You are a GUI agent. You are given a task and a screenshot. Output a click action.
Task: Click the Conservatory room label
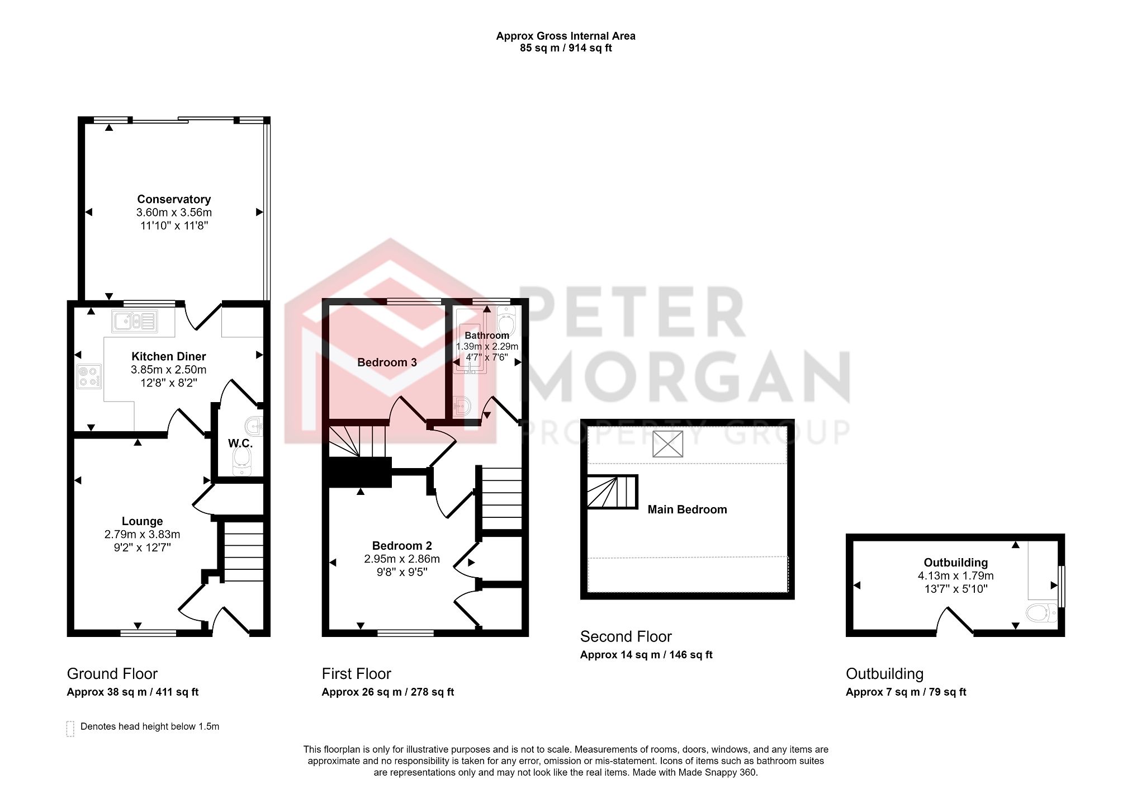pyautogui.click(x=174, y=199)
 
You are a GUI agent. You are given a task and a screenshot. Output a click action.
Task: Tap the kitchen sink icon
pyautogui.click(x=135, y=322)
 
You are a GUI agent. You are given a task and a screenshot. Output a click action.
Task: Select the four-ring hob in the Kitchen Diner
pyautogui.click(x=89, y=376)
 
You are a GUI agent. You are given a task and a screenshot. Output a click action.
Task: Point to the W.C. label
pyautogui.click(x=240, y=443)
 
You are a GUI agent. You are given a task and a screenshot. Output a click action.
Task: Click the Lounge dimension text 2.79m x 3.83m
pyautogui.click(x=142, y=535)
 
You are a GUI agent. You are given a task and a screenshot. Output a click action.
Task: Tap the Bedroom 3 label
pyautogui.click(x=387, y=362)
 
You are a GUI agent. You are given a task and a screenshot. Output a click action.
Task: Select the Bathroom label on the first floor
pyautogui.click(x=487, y=336)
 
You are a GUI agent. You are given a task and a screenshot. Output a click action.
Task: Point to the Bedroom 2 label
pyautogui.click(x=402, y=546)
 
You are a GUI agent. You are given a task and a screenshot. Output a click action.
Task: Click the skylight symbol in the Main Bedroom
pyautogui.click(x=667, y=444)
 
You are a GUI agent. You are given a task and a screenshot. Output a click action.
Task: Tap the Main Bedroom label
pyautogui.click(x=687, y=509)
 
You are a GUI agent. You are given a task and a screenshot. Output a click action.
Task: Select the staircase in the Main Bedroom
pyautogui.click(x=612, y=492)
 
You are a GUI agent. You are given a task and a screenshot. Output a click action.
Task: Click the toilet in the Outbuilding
pyautogui.click(x=1041, y=613)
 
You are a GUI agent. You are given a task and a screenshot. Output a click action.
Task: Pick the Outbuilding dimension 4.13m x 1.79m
pyautogui.click(x=955, y=576)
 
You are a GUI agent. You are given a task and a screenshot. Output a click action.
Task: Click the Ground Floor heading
pyautogui.click(x=112, y=674)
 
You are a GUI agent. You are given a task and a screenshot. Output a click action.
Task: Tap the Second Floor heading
pyautogui.click(x=626, y=637)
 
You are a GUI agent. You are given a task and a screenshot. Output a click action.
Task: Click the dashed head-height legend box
pyautogui.click(x=70, y=729)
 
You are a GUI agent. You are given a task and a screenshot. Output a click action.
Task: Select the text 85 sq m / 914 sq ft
pyautogui.click(x=566, y=48)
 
